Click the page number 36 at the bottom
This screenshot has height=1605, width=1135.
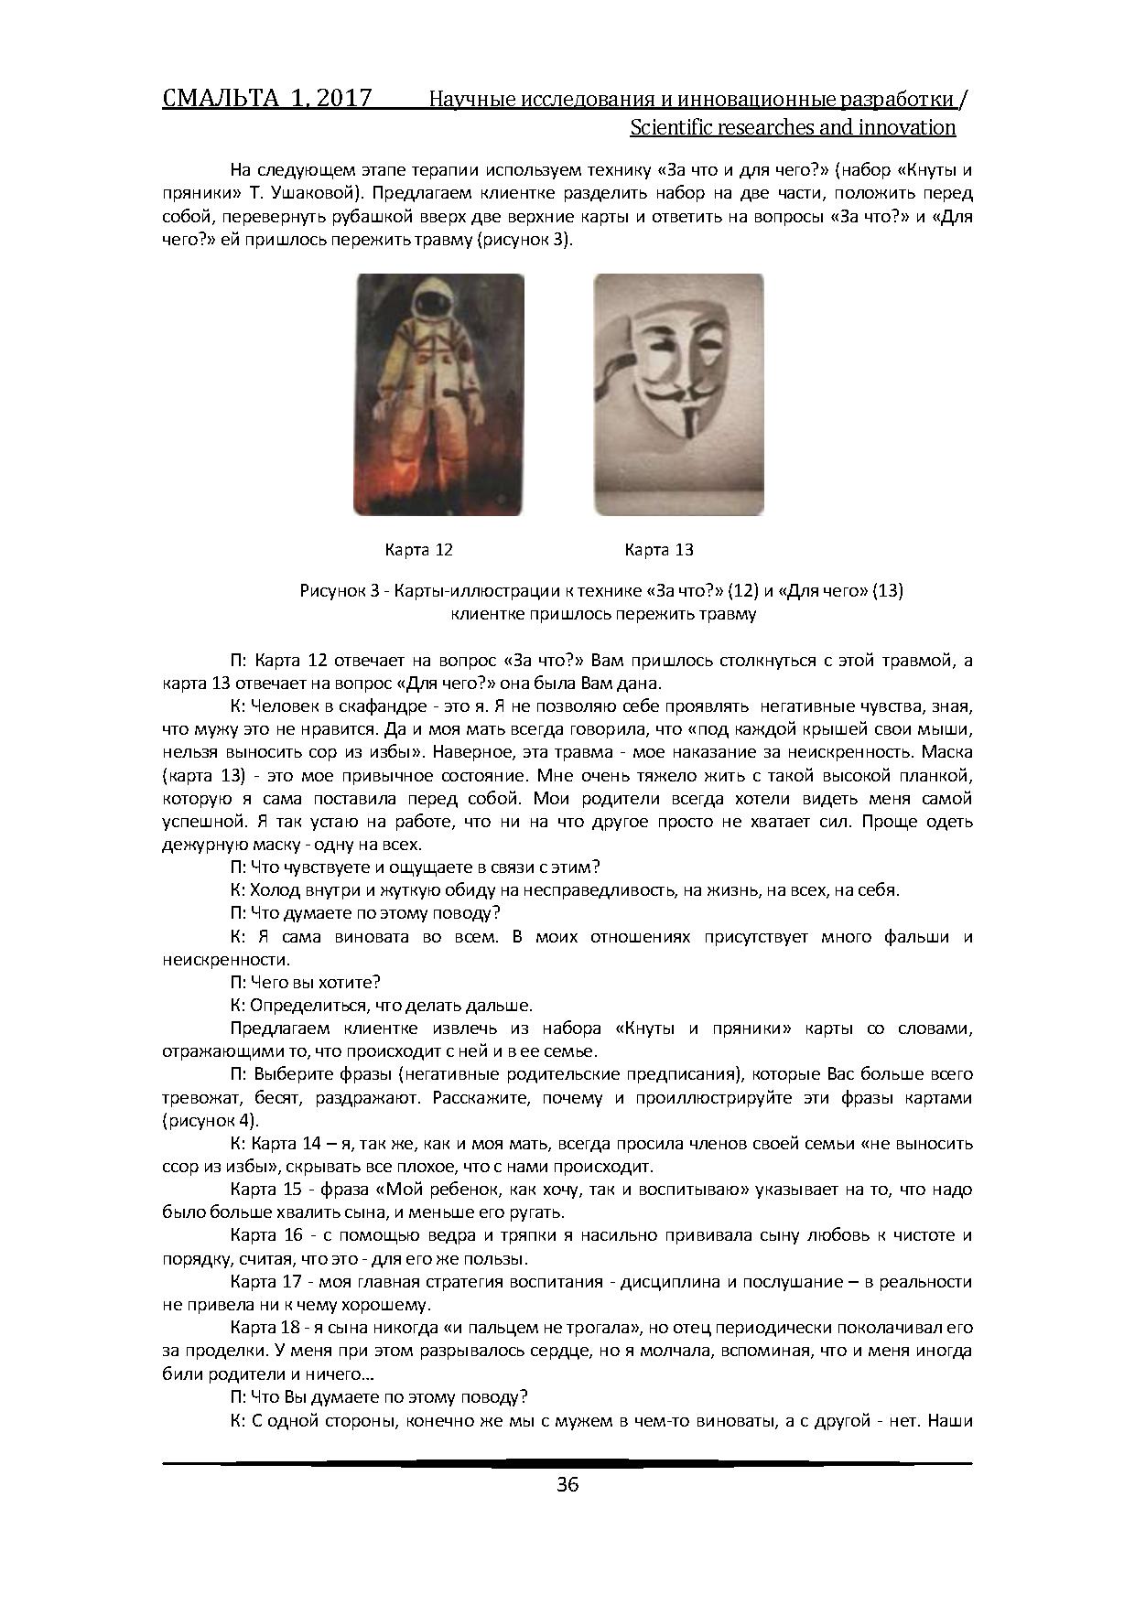point(567,1484)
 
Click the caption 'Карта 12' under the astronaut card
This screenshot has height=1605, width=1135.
point(418,550)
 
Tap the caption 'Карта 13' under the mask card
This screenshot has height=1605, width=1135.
point(659,550)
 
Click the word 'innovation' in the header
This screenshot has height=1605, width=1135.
point(907,127)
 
